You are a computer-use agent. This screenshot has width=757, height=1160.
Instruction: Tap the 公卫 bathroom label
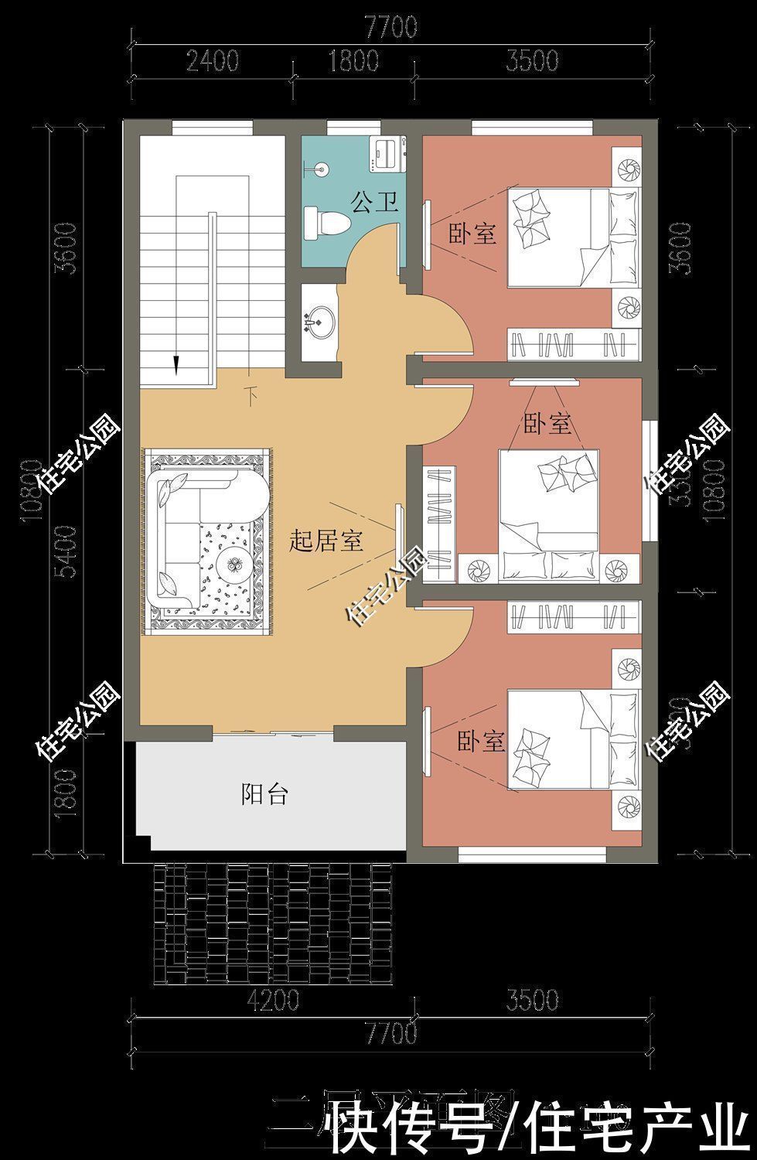[375, 203]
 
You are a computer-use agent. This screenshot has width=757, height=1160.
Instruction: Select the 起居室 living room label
[326, 541]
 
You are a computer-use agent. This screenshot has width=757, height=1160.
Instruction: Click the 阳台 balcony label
[264, 793]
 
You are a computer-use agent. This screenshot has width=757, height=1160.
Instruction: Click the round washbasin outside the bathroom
[319, 319]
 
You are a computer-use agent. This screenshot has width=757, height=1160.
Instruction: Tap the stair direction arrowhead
[177, 364]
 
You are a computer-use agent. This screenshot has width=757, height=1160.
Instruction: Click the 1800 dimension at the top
[353, 60]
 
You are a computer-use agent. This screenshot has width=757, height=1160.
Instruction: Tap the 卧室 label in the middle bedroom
[547, 423]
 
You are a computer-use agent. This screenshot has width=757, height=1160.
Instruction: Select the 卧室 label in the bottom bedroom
[481, 742]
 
